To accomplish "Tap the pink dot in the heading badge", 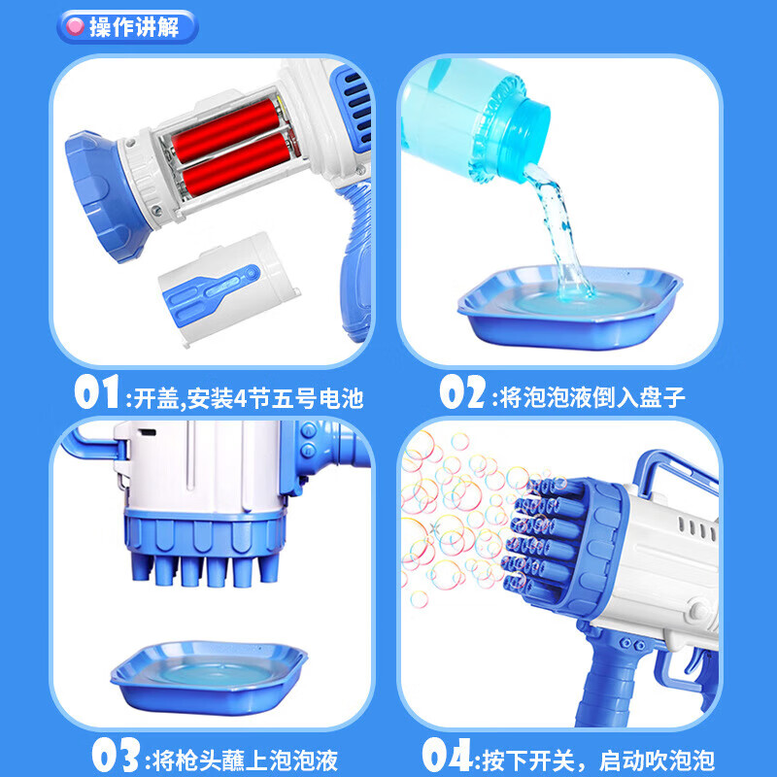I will click(x=74, y=26).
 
